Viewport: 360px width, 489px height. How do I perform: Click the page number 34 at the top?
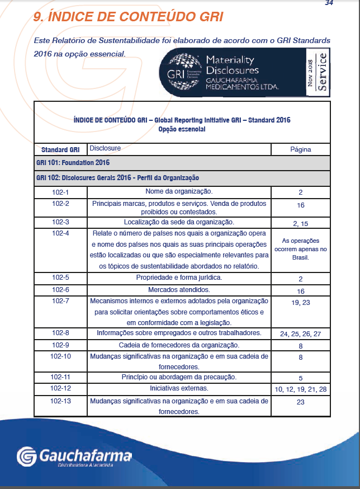(329, 3)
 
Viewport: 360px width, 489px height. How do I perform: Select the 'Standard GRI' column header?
(60, 150)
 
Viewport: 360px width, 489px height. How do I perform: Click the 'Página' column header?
(300, 149)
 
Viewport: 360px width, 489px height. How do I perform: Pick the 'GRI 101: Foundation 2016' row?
(73, 163)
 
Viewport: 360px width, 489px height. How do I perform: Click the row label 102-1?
(60, 192)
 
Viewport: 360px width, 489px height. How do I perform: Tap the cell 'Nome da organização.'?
(178, 192)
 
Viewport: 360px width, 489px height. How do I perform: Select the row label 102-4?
(60, 233)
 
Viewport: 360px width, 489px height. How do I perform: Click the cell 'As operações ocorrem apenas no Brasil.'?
(300, 250)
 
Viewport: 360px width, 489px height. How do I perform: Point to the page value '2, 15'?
(300, 223)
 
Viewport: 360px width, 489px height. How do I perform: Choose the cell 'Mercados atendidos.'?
(178, 290)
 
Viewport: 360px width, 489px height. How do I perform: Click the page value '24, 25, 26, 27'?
(300, 334)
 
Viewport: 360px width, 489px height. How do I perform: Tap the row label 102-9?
(60, 345)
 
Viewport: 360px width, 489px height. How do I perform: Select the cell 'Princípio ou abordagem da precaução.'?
(178, 377)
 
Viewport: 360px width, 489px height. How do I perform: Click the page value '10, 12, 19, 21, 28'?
(300, 388)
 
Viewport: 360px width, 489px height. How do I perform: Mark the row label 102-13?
(60, 401)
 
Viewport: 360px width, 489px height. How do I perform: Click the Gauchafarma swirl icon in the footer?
(27, 457)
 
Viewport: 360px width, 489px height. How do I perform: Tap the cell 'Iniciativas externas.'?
(178, 388)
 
